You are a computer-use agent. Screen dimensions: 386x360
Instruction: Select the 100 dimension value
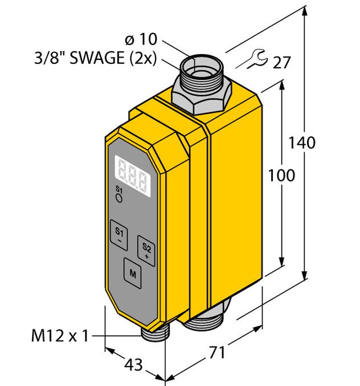coord(282,175)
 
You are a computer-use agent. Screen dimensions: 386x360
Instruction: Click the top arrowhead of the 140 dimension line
coord(306,11)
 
